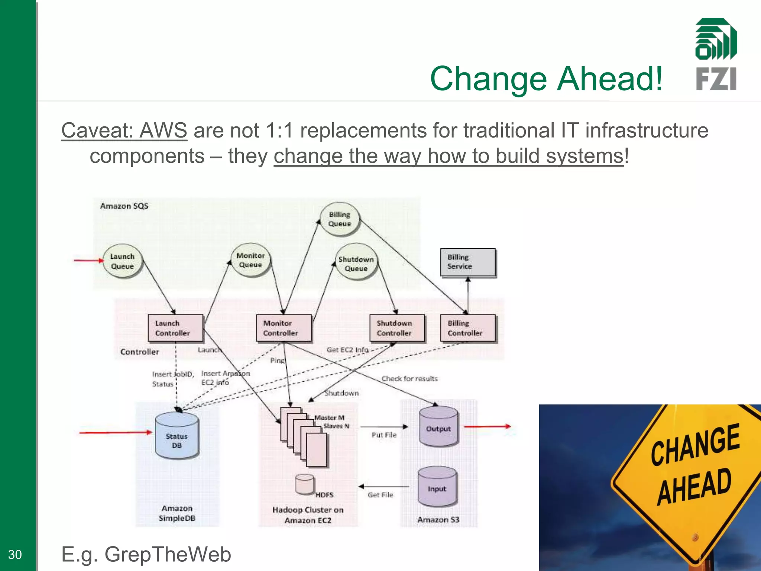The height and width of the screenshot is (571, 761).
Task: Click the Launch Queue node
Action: [x=122, y=261]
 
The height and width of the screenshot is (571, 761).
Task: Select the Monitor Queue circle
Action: [x=250, y=260]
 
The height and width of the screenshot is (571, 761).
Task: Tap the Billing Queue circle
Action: [x=340, y=219]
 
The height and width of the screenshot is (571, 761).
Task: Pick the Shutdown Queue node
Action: [x=356, y=264]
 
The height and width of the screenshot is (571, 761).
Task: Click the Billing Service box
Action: [x=468, y=262]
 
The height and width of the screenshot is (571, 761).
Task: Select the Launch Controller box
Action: [x=175, y=328]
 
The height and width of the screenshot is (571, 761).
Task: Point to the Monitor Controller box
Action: [x=284, y=328]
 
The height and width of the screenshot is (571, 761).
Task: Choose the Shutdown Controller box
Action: [x=397, y=328]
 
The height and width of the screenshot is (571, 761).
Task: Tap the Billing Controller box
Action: [x=468, y=328]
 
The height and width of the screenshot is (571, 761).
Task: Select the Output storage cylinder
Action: [x=438, y=428]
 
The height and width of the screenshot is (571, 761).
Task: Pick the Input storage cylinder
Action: [x=437, y=487]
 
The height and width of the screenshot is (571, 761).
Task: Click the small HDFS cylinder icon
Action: [x=305, y=484]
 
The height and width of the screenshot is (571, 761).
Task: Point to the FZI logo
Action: [x=716, y=54]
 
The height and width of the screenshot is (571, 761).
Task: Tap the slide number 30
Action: [x=15, y=554]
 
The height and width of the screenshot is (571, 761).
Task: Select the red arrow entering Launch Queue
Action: [x=88, y=261]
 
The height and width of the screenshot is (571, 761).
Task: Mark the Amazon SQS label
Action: [x=124, y=206]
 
